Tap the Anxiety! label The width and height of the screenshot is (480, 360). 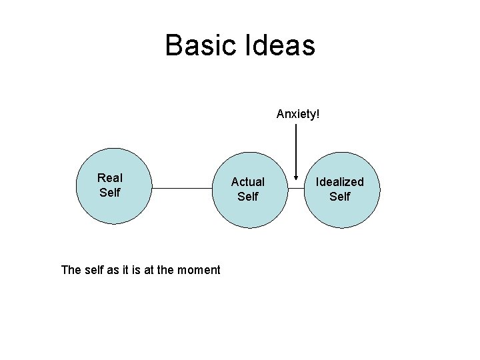point(298,114)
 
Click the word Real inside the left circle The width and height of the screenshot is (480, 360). point(110,178)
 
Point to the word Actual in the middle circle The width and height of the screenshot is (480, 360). point(248,182)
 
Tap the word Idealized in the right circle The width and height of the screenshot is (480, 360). point(340,182)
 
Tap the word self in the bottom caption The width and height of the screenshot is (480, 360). point(96,270)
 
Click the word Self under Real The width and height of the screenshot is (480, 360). point(110,193)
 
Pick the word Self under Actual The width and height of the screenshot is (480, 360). point(248,197)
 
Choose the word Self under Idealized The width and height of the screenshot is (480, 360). point(340,197)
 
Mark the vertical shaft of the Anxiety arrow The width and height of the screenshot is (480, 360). point(296,150)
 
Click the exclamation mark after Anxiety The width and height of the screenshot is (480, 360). point(318,114)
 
